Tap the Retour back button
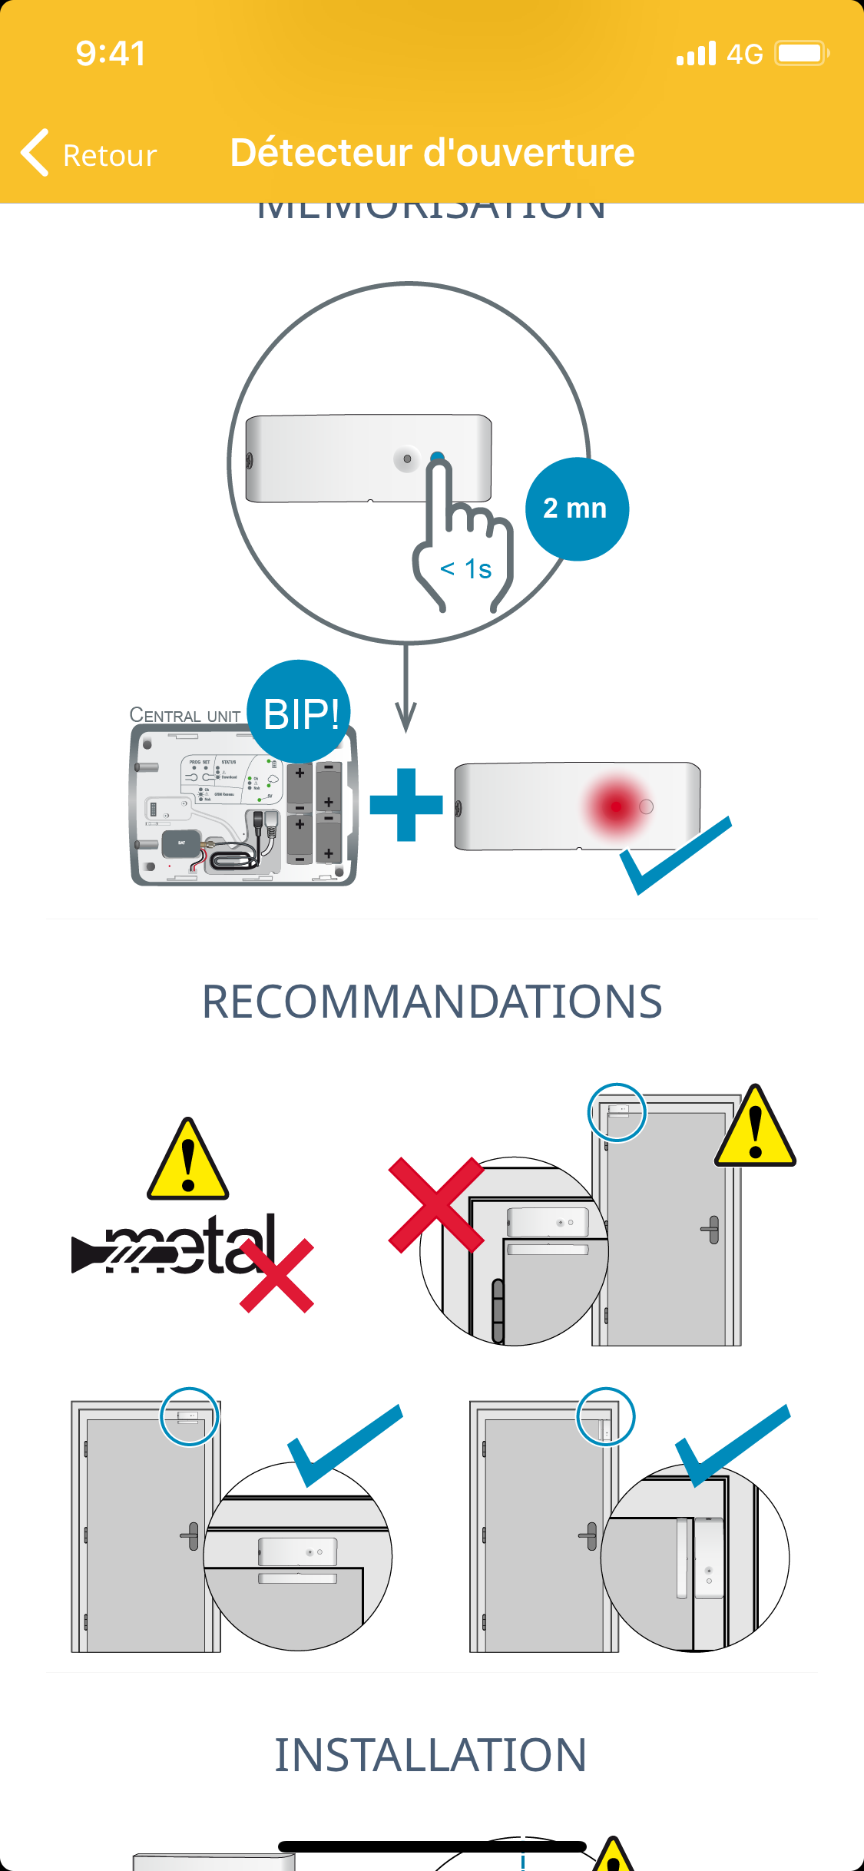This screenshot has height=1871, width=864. point(88,154)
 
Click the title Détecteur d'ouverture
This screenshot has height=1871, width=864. point(432,152)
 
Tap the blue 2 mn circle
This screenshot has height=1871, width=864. point(577,508)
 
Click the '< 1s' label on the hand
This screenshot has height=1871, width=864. point(465,569)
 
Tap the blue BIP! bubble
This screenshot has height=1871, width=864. point(300,712)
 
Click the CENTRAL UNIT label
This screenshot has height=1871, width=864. point(184,715)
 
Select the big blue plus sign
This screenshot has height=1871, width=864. point(406,804)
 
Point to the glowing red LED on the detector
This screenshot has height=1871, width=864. point(616,806)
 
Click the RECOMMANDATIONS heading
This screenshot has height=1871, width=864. point(432,1002)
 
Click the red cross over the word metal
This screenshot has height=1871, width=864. point(276,1275)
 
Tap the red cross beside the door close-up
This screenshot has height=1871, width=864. point(436,1204)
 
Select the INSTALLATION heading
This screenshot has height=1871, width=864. point(431,1755)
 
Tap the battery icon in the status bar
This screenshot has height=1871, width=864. point(801,54)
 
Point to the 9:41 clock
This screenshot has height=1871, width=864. point(111,54)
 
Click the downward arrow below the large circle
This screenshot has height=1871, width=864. point(406,691)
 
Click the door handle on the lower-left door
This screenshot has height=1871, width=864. point(190,1536)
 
